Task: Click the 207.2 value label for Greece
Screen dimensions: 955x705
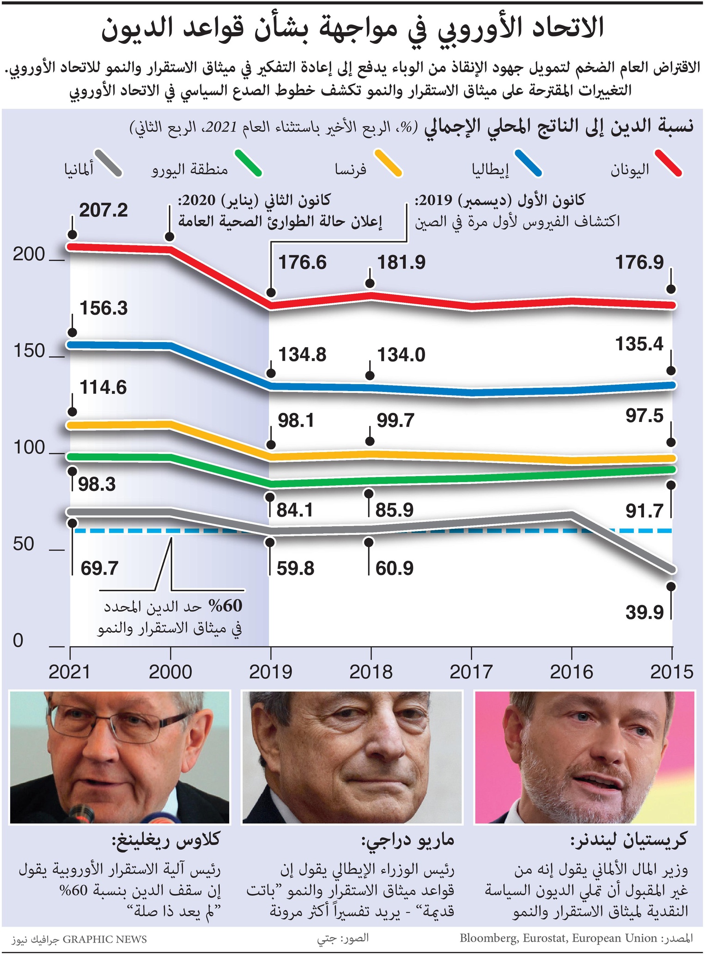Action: (x=103, y=211)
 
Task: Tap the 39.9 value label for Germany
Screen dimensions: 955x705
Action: (x=644, y=613)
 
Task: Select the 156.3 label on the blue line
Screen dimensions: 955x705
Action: (x=103, y=308)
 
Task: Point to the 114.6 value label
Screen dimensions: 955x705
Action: (x=103, y=388)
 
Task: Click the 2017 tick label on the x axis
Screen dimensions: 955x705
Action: (x=471, y=672)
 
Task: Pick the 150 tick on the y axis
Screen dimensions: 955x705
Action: (x=29, y=351)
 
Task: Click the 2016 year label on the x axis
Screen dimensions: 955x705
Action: (x=571, y=672)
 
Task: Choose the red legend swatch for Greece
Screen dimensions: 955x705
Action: (x=668, y=163)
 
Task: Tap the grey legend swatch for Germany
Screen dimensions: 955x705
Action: (x=108, y=163)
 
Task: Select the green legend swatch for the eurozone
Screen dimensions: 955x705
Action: (x=248, y=163)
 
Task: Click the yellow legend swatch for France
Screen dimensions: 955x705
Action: (x=389, y=163)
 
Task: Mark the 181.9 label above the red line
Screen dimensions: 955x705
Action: (x=401, y=263)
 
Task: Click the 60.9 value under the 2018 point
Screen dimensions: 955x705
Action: (x=394, y=569)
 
